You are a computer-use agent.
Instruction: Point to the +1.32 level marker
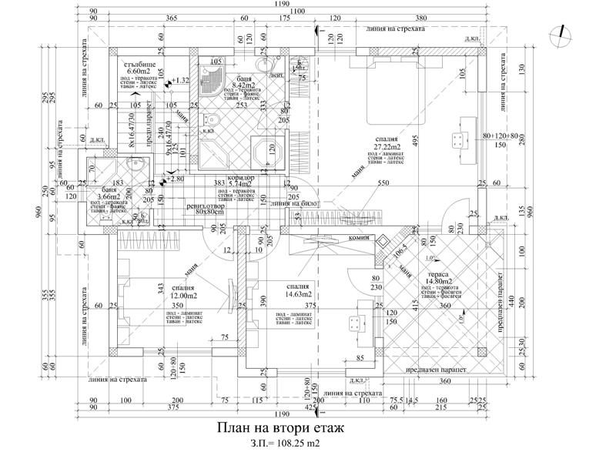(x=181, y=80)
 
